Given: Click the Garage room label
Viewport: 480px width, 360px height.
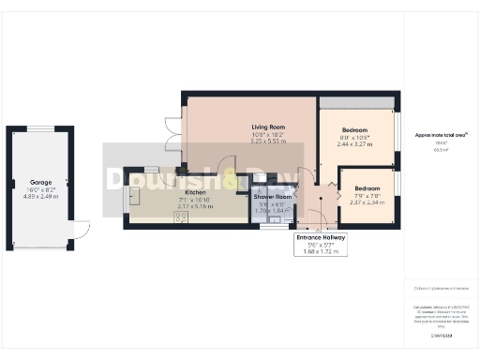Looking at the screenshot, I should (x=41, y=183).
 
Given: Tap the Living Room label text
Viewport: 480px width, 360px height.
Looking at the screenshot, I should (x=268, y=127).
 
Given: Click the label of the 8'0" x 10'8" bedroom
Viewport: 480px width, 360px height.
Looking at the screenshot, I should (x=354, y=129).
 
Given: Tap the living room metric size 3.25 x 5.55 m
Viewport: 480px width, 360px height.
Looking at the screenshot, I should (x=268, y=141).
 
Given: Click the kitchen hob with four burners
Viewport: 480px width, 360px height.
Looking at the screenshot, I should (x=178, y=219).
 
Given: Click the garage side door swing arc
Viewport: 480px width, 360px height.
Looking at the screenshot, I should (x=81, y=229).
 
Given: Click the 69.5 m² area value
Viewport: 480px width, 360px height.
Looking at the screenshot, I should (x=441, y=149).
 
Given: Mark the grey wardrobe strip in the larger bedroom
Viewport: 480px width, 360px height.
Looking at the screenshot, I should (x=354, y=102).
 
